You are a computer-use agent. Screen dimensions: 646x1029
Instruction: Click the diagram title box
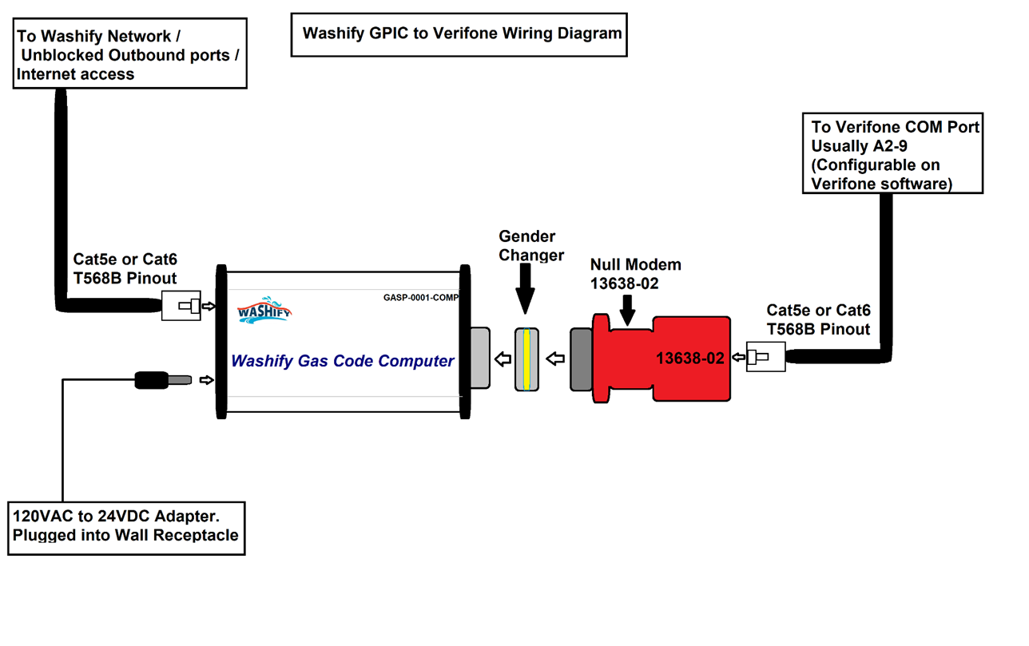459,34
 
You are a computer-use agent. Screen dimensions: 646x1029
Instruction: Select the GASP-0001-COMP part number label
420,298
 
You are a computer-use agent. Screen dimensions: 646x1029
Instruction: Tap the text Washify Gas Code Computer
343,361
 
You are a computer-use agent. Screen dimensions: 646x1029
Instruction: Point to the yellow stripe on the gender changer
527,359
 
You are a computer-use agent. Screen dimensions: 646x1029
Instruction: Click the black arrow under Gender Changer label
525,290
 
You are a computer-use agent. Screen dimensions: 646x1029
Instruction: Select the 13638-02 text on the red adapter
690,359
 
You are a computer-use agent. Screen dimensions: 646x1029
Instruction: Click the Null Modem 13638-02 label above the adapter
635,274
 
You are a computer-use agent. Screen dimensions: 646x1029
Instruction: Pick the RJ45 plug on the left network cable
182,306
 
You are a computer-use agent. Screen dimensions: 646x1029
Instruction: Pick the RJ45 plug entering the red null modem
765,356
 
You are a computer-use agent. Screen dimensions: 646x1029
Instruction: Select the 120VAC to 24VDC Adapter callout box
126,527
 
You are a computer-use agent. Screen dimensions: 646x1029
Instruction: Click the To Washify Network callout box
129,54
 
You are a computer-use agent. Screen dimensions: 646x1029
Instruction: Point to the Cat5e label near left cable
125,268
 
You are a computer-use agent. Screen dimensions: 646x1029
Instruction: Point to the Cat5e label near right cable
818,319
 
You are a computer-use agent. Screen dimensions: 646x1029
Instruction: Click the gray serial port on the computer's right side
479,358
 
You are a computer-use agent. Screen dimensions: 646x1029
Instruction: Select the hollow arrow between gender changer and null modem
554,359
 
